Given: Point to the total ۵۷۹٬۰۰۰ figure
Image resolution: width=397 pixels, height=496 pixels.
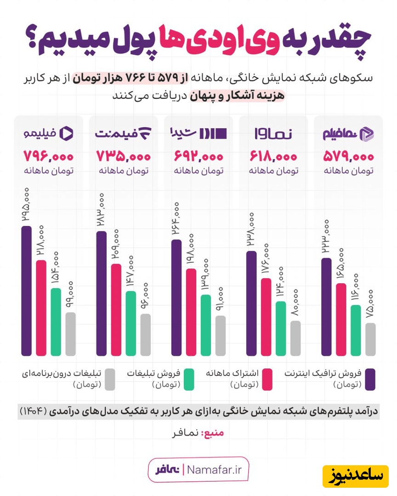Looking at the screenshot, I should (x=349, y=157).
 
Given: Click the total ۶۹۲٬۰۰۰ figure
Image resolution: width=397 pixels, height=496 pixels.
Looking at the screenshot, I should (x=198, y=157).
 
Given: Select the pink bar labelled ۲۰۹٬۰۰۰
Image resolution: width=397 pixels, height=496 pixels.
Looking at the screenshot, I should (x=116, y=310).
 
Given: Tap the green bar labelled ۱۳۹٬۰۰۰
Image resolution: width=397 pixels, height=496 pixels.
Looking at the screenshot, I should (x=206, y=325).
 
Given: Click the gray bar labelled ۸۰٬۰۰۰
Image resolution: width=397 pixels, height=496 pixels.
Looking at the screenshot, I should (x=295, y=338).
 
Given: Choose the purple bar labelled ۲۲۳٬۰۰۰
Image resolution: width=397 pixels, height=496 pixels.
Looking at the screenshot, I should (x=326, y=306).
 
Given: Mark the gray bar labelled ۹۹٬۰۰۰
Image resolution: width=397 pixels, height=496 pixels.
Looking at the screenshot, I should (x=70, y=334).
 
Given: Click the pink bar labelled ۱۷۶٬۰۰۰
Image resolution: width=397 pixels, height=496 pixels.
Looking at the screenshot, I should (x=266, y=316).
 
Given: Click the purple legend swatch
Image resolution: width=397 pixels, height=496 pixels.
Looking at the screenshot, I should (x=369, y=379).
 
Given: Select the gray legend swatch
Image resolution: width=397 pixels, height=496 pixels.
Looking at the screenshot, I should (x=109, y=379).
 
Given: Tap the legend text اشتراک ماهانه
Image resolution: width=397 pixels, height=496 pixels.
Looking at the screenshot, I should (x=232, y=373).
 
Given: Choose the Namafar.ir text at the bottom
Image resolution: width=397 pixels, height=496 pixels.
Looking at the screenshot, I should (x=218, y=470).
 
